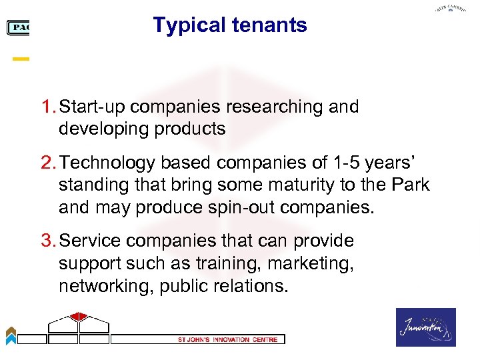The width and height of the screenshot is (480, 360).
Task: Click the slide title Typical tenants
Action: (230, 25)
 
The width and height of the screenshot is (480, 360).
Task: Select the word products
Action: (193, 129)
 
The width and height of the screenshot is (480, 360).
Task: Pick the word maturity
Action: (286, 185)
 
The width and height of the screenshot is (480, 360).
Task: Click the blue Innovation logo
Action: (426, 327)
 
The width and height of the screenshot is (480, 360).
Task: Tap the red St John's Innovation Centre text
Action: (223, 339)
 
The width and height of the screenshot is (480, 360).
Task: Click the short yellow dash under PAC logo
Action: (21, 59)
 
